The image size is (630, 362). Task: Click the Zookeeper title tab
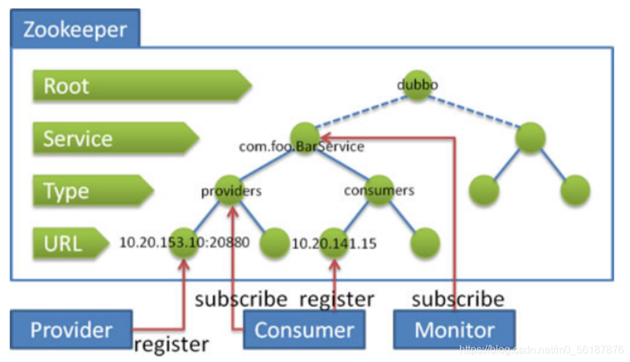75,28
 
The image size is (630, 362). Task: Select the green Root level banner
142,85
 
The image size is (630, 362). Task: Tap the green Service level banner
116,138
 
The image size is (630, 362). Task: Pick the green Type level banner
93,191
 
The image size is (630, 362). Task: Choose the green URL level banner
71,243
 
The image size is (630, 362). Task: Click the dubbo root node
417,85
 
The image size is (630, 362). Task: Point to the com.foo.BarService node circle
305,138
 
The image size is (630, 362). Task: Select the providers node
230,191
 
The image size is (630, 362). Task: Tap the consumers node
379,191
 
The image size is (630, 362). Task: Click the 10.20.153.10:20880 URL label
185,242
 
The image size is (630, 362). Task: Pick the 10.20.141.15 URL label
334,244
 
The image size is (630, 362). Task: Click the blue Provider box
71,330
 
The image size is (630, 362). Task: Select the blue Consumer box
304,330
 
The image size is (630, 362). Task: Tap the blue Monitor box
455,330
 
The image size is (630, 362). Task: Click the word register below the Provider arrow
171,345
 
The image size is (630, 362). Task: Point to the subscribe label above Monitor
458,299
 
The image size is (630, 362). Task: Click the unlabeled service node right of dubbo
530,138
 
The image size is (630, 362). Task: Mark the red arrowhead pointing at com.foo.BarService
326,138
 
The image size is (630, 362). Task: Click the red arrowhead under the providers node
233,212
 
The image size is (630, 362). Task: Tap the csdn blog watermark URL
541,349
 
